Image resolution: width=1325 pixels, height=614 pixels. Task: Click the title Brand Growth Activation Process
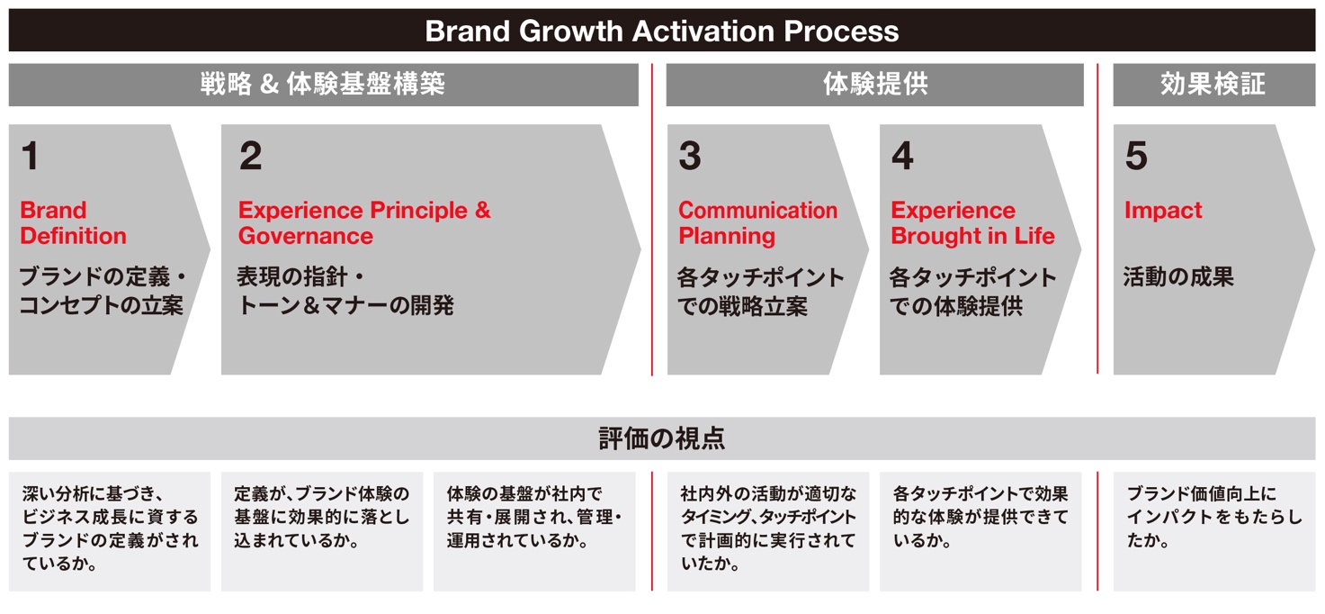[x=662, y=31]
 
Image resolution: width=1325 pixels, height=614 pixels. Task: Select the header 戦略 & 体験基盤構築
[x=322, y=84]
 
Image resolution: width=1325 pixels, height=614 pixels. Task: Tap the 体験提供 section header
[x=875, y=84]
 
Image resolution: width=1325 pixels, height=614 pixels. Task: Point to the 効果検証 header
[x=1213, y=84]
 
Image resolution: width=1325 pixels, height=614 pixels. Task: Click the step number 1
[x=31, y=156]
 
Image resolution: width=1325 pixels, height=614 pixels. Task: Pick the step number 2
[x=251, y=156]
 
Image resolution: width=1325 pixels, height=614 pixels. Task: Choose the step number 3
[x=690, y=156]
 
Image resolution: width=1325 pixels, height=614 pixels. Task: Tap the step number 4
[x=902, y=156]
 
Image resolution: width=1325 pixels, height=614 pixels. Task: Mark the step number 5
[x=1136, y=156]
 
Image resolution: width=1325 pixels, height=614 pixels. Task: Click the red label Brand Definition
[x=74, y=223]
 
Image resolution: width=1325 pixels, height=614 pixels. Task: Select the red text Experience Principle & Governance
[x=364, y=223]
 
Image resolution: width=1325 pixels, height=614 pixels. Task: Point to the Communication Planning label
[x=757, y=223]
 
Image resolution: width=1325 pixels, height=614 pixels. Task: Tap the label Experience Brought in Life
[x=973, y=223]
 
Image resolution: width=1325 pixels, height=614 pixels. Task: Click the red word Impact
[x=1163, y=210]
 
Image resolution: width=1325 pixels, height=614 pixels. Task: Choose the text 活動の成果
[x=1178, y=276]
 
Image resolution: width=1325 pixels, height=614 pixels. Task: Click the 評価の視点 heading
[x=662, y=438]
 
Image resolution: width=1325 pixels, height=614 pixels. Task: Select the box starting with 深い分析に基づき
[x=110, y=531]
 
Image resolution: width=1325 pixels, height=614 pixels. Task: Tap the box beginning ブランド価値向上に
[x=1214, y=531]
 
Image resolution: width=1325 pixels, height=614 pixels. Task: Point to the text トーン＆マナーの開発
[x=345, y=305]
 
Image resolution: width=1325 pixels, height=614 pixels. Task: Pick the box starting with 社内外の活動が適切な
[x=768, y=531]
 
